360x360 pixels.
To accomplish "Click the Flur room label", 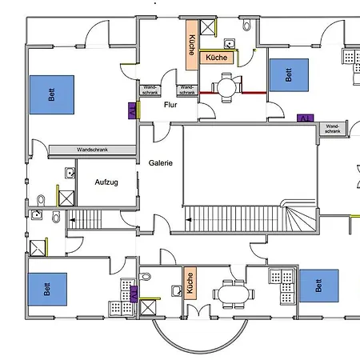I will coord(170,105).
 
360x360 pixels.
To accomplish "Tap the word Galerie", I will coord(161,162).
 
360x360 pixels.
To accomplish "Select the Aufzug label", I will coord(106,182).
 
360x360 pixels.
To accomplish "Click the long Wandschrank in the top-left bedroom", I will coord(93,150).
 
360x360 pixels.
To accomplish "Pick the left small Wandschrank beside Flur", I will coord(150,90).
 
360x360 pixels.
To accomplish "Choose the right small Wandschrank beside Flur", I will coord(187,90).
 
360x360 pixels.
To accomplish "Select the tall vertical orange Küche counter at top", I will coord(191,38).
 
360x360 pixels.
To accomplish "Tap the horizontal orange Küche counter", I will coord(216,58).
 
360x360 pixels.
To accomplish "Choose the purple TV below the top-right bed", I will coord(305,118).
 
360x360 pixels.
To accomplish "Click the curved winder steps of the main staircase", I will coord(302,218).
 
